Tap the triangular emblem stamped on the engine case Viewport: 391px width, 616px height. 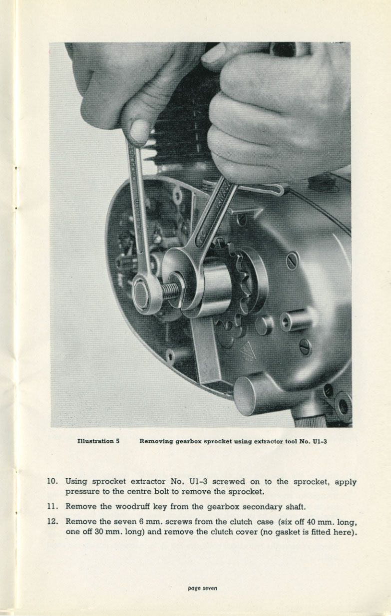[x=247, y=351]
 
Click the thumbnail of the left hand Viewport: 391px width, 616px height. [x=139, y=130]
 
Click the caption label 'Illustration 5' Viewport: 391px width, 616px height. [x=98, y=441]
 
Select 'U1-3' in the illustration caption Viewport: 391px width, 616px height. [x=320, y=442]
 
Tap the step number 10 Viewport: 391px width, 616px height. [x=52, y=481]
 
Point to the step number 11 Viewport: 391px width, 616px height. [x=52, y=506]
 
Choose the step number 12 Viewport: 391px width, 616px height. [x=52, y=521]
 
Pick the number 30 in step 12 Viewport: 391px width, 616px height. [x=99, y=532]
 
